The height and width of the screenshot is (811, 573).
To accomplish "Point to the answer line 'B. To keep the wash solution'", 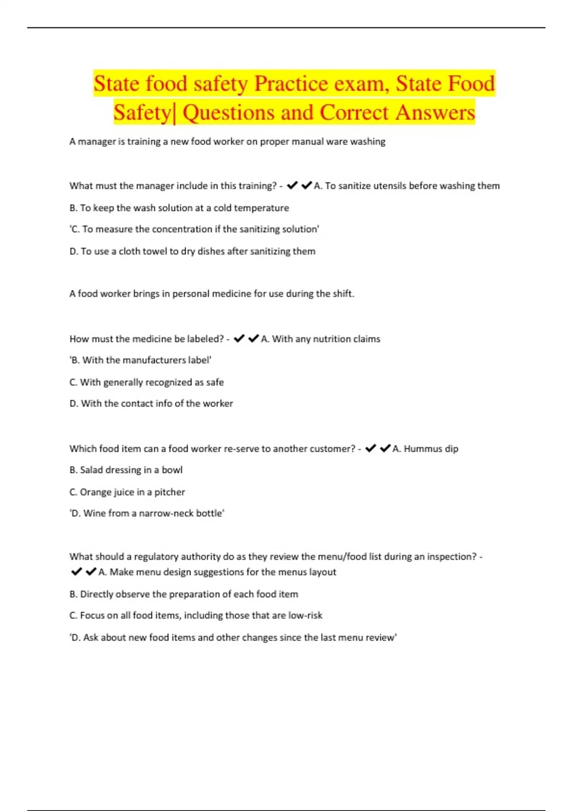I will click(179, 208).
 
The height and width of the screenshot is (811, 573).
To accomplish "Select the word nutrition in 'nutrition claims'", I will click(333, 339).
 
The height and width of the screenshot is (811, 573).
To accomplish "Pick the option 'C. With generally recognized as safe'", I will click(147, 382).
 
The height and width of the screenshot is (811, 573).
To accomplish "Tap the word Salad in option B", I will click(91, 470).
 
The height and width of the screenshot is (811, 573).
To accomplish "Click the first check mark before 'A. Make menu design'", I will click(76, 572).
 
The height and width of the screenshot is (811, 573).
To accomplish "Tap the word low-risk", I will click(305, 615).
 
